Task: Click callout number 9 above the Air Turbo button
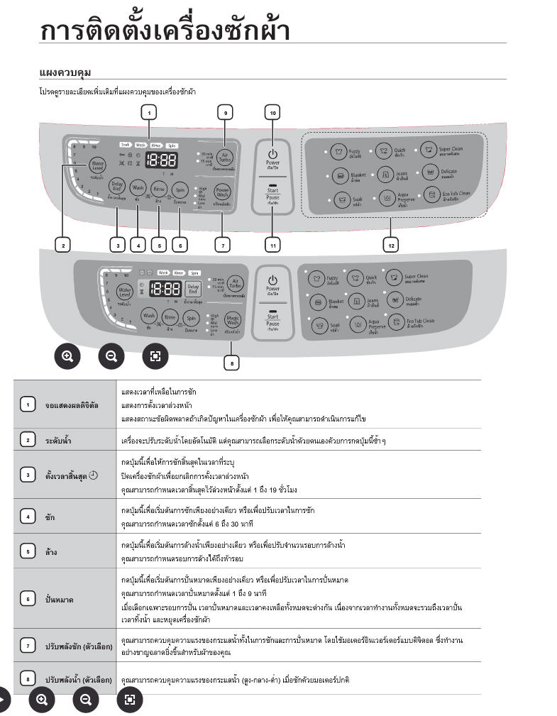coord(226,112)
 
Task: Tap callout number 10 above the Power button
coord(272,112)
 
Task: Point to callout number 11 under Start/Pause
coord(272,245)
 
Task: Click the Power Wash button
coord(223,192)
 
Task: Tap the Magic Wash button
coord(233,319)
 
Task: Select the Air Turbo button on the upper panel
coord(226,158)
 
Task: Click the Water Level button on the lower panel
coord(125,291)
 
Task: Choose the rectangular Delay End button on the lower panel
coord(192,288)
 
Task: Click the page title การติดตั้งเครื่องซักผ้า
coord(165,32)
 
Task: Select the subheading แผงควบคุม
coord(65,73)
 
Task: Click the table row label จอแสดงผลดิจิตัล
coord(72,405)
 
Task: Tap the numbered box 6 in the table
coord(28,600)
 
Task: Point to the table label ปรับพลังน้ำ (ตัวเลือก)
coord(79,680)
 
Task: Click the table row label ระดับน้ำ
coord(58,441)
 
